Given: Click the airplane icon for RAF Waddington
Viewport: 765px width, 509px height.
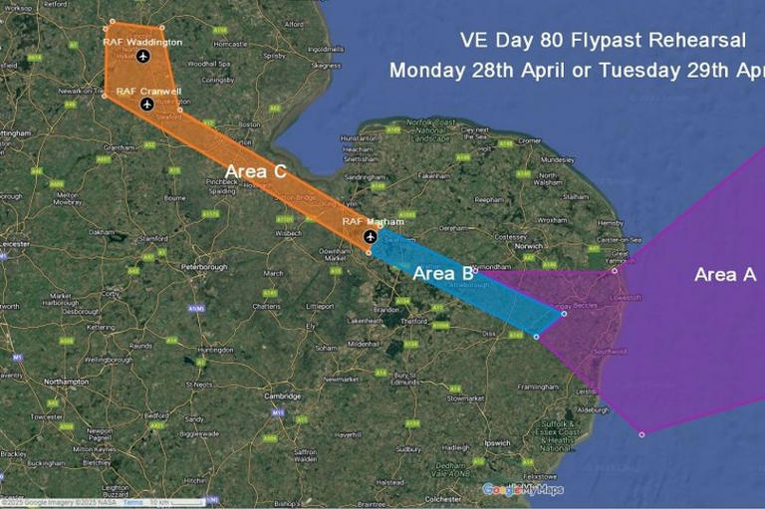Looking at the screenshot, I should (x=142, y=56).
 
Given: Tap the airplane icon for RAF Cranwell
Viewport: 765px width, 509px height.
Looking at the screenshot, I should (x=148, y=104).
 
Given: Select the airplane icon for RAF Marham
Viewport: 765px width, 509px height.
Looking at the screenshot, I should (x=371, y=236).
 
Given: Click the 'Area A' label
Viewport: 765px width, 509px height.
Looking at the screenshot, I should (x=724, y=274).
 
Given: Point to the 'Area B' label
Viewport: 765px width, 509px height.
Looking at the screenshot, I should (x=442, y=273).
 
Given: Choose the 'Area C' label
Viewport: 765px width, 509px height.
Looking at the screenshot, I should (x=256, y=171).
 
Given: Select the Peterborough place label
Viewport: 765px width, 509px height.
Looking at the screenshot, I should (x=206, y=268).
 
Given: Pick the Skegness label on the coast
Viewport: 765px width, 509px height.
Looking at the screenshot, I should (x=325, y=65).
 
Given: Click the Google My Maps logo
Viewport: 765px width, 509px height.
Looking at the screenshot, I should (x=523, y=489).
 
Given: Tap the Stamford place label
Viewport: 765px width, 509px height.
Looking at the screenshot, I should (x=152, y=239).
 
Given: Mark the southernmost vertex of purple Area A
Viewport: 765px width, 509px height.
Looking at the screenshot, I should (x=641, y=433).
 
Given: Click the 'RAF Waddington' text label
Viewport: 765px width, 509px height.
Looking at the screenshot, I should (x=142, y=42).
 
